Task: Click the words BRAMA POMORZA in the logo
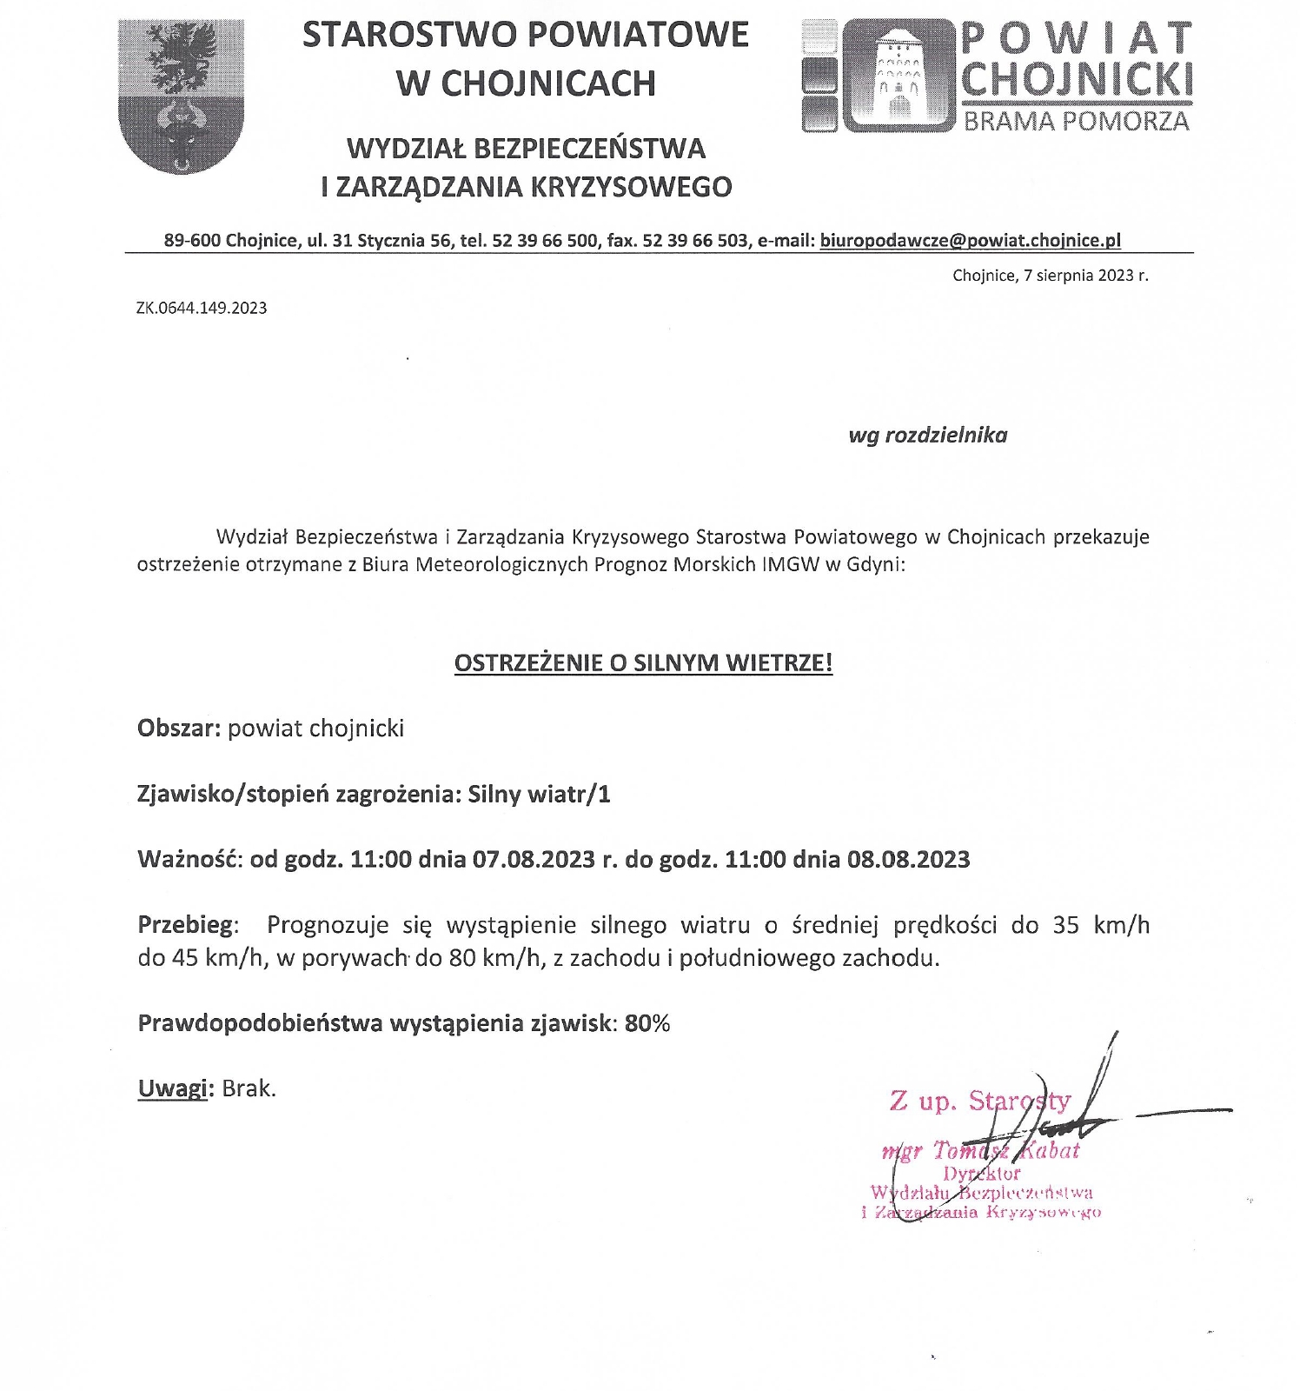pos(1076,121)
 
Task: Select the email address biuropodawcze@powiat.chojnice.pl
pos(970,241)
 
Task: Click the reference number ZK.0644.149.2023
pos(202,308)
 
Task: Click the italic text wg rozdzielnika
pos(927,436)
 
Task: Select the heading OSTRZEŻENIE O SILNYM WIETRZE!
pos(643,663)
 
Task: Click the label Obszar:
pos(179,729)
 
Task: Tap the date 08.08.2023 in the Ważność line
pos(908,860)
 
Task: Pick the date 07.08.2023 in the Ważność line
pos(534,860)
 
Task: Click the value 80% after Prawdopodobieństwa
pos(647,1023)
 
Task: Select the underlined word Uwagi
pos(173,1088)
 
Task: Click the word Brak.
pos(249,1088)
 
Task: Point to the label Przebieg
pos(185,925)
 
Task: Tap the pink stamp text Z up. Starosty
pos(979,1101)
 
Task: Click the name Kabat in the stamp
pos(1048,1151)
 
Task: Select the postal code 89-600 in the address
pos(191,241)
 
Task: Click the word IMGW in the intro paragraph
pos(790,565)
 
